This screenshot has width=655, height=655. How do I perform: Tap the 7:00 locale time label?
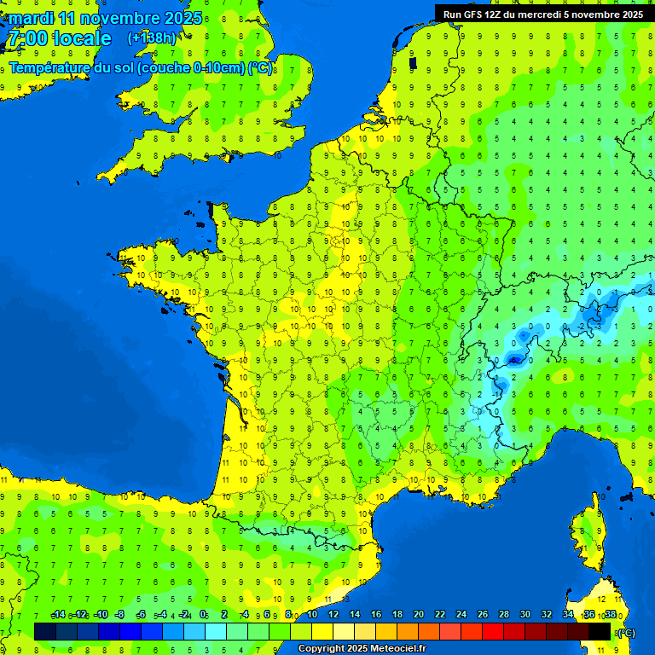(60, 38)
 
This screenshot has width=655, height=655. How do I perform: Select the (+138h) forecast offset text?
(152, 38)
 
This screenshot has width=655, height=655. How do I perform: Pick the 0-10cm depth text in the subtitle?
(217, 68)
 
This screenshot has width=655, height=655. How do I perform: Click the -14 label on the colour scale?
(58, 615)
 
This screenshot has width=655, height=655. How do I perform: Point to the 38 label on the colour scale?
(610, 615)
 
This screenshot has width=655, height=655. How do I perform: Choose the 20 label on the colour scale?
(419, 615)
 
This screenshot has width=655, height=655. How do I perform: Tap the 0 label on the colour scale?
(203, 615)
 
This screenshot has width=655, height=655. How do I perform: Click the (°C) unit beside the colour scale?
(627, 632)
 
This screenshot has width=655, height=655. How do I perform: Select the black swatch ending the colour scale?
(600, 631)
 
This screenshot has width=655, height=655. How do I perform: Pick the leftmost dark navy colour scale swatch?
(45, 631)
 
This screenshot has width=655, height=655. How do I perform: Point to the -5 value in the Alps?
(514, 362)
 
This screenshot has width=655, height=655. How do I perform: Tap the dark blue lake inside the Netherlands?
(413, 63)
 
